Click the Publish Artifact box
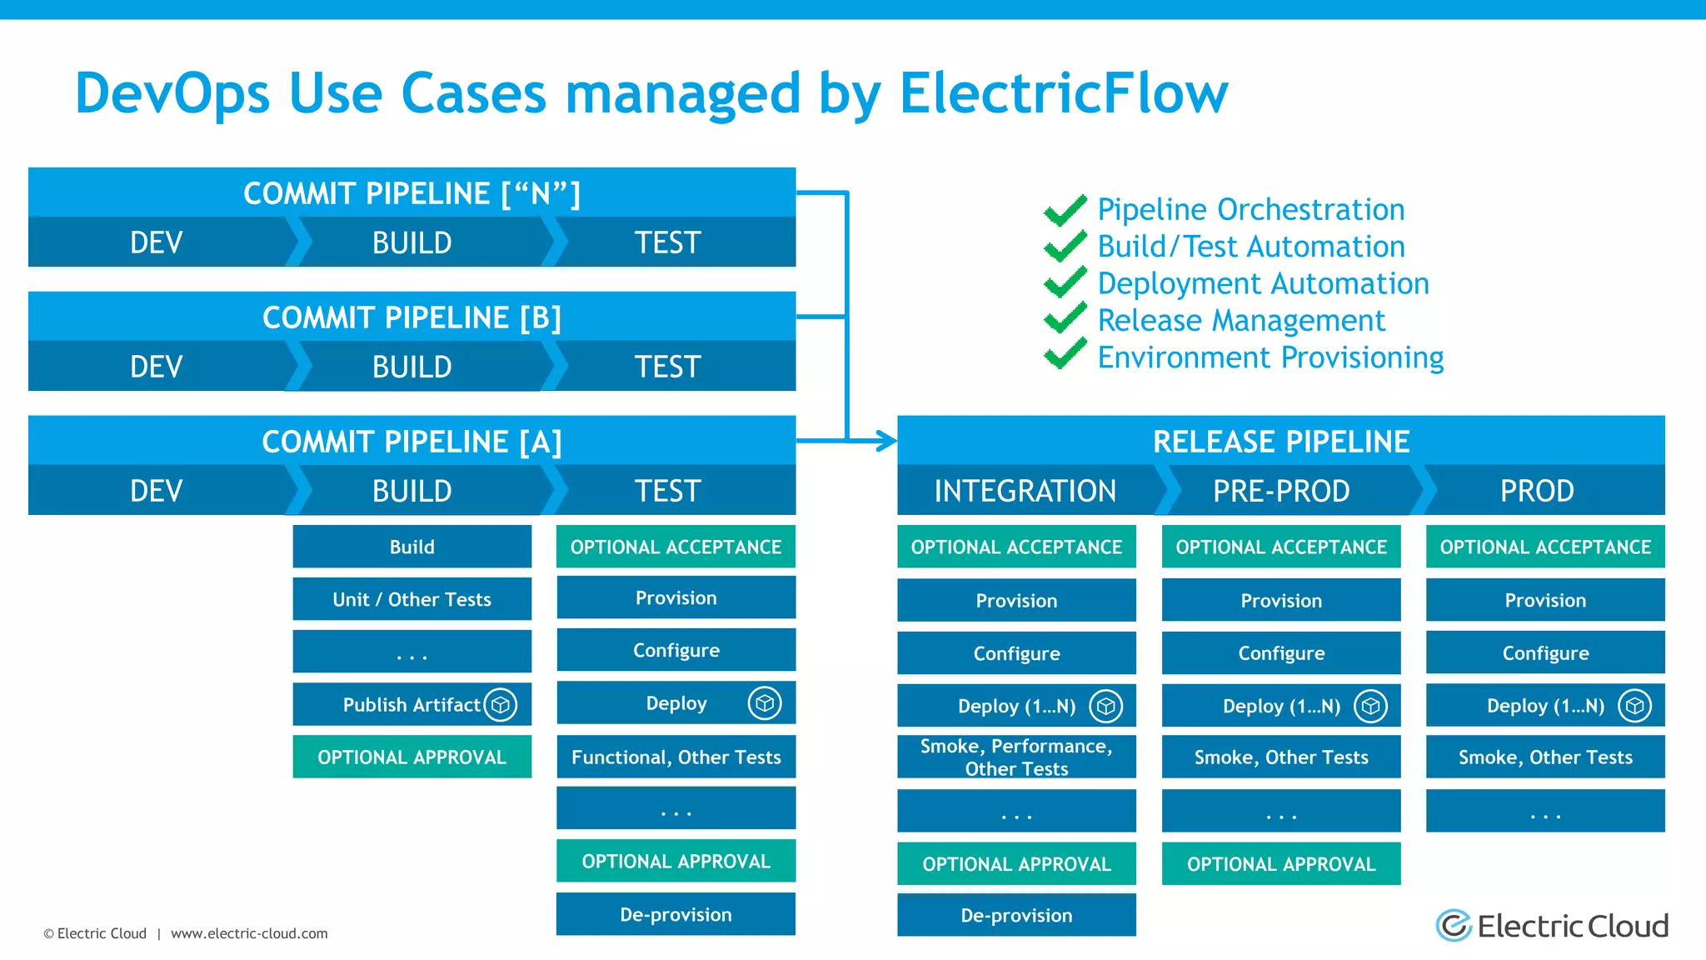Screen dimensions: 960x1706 412,705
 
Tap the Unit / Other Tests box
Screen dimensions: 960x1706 412,599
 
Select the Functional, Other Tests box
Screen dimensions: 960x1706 676,757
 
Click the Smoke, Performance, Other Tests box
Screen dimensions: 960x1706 1016,757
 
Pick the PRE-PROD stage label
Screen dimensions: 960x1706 1281,491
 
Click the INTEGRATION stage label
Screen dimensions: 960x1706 1025,491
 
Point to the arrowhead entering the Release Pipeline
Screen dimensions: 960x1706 887,441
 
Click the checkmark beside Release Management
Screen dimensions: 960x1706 1065,319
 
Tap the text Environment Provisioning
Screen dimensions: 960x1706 1270,357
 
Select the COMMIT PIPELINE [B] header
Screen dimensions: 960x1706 412,317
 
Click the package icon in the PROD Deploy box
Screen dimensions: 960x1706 1634,706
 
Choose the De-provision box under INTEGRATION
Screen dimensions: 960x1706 1016,915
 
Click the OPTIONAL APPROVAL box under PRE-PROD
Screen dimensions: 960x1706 1281,864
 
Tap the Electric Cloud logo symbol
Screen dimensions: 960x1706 1454,926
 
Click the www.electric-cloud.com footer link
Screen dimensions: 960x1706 249,933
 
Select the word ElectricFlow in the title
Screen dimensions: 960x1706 1063,92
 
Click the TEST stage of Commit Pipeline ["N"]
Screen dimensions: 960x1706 668,242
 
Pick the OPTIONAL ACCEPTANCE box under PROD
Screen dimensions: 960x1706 1545,547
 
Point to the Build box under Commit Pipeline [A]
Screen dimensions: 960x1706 412,547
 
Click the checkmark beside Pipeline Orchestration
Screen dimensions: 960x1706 1065,210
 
